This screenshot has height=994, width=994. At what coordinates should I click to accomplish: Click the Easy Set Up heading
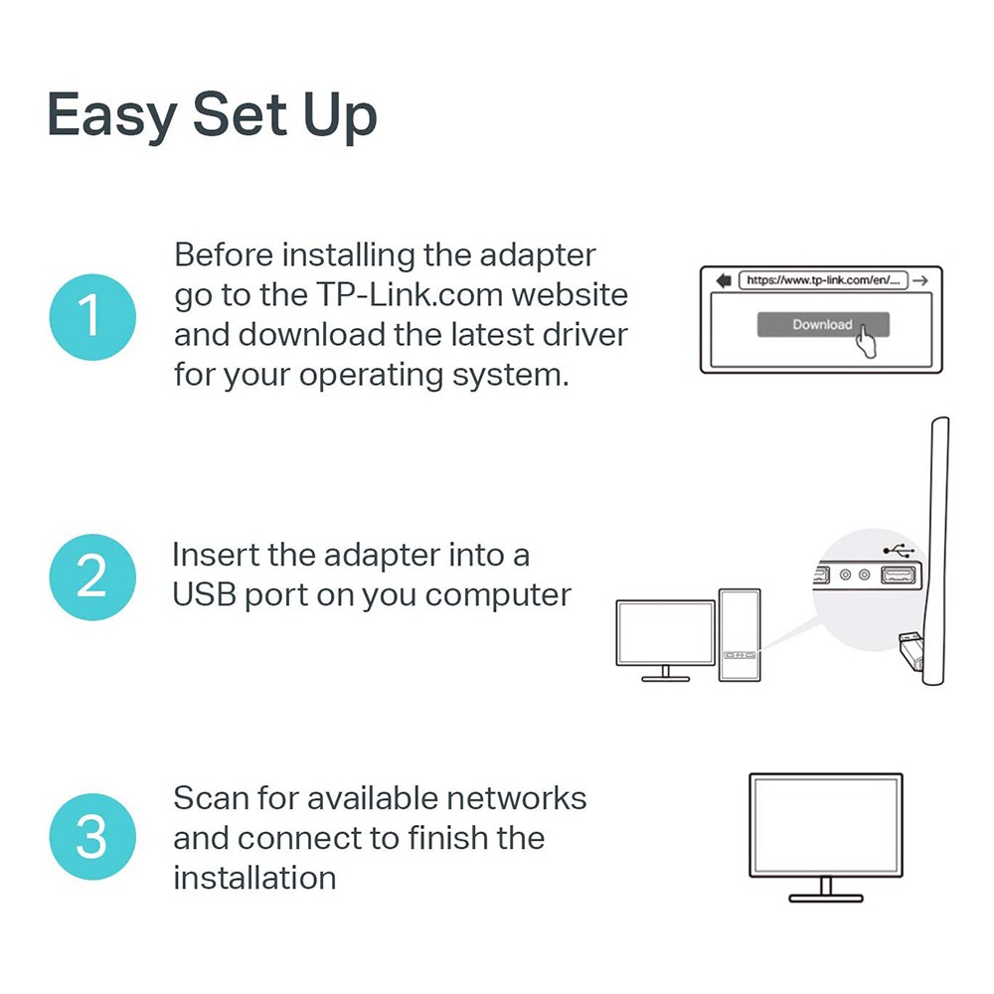coord(212,115)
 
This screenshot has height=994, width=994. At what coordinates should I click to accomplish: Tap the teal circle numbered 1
coord(90,316)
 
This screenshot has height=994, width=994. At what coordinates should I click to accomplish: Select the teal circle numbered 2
coord(90,576)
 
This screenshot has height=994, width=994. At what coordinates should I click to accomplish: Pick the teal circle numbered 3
coord(90,837)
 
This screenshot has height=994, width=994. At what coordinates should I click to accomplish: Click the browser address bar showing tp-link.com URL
coord(822,280)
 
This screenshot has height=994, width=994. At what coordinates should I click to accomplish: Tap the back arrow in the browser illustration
coord(723,280)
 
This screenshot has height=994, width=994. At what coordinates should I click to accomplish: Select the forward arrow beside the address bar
coord(920,280)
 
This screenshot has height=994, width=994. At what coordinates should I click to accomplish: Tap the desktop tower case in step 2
coord(740,635)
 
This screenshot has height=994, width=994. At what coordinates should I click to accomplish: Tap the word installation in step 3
coord(253,878)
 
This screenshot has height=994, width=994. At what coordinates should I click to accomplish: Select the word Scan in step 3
coord(211,798)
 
